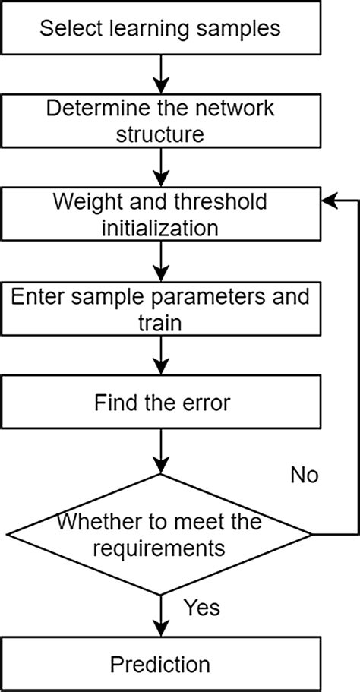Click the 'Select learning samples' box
(x=160, y=29)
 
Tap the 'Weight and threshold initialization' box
(x=160, y=215)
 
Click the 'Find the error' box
(x=160, y=403)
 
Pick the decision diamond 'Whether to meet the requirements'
(x=160, y=534)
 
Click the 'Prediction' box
(x=160, y=665)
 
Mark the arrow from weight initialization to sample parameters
(x=160, y=262)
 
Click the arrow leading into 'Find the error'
(x=160, y=356)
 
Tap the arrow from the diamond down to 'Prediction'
(x=160, y=616)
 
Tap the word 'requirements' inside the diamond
(x=160, y=547)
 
